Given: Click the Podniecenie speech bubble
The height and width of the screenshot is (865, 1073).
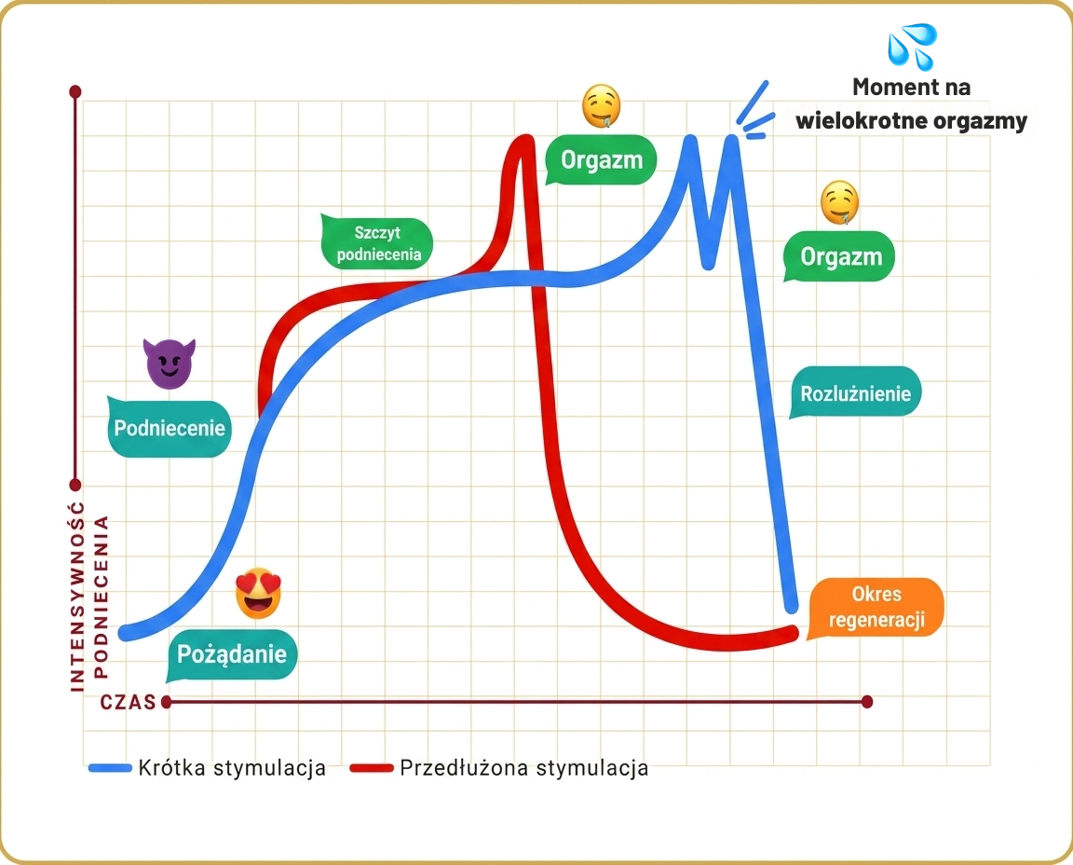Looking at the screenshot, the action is coord(170,427).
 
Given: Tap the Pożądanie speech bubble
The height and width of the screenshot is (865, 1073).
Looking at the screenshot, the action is coord(232,654).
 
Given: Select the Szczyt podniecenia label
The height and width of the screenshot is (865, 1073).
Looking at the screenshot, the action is coord(377,243).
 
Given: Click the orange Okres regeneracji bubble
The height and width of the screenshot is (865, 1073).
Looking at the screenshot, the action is coord(876,607).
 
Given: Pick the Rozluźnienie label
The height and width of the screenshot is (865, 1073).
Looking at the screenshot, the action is coord(855,393).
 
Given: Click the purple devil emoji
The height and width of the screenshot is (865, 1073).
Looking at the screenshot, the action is coord(169,363).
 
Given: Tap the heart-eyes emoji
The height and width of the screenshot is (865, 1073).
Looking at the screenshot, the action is coord(258,593).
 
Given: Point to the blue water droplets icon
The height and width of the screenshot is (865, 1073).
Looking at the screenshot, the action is coord(912,47).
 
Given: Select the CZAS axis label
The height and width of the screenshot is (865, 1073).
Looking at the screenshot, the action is coord(128,702).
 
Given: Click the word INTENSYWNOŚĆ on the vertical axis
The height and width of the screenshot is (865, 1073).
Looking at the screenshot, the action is coord(77,596).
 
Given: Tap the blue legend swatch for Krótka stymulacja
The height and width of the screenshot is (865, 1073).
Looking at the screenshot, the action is coord(110,768).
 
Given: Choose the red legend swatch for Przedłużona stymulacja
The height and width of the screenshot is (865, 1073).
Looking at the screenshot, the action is coord(372,768).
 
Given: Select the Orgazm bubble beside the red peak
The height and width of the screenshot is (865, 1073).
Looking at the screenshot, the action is coord(602,160).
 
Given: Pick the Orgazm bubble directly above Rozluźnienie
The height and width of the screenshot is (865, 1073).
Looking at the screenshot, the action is coord(839,257).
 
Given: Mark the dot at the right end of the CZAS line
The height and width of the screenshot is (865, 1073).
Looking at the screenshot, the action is coord(867,701).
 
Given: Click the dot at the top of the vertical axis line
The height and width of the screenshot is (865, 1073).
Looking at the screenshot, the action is coord(75,91).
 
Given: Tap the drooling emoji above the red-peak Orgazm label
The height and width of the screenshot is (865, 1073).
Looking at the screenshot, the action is coord(602,106).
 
